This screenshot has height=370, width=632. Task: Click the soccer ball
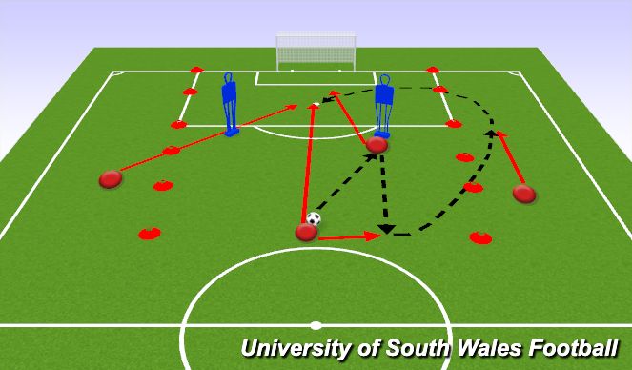point(314,218)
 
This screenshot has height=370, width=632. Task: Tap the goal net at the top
point(316,51)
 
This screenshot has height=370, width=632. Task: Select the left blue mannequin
point(229,103)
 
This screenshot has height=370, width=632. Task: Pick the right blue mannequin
point(383,105)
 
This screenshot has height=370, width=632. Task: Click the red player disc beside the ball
point(306,232)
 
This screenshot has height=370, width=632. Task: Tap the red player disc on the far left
point(111,178)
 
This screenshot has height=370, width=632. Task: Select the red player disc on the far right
point(523,194)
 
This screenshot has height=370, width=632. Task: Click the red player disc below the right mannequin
point(377,145)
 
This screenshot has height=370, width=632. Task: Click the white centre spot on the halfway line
point(316,324)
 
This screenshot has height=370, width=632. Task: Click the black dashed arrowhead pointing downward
point(386,229)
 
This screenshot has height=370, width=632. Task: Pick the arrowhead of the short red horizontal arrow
point(377,236)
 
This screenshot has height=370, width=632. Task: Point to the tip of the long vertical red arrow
point(313,106)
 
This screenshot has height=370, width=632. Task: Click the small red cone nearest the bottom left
point(149,233)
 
